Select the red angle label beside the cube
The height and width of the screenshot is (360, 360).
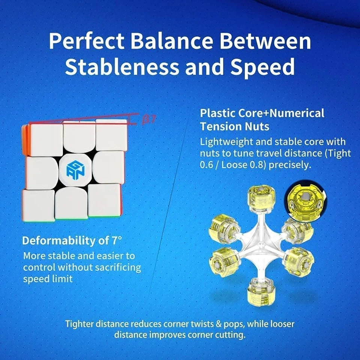[149, 120]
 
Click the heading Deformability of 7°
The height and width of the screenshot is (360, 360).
[72, 240]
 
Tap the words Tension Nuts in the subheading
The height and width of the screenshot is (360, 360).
[235, 126]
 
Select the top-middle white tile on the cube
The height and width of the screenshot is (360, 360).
[78, 136]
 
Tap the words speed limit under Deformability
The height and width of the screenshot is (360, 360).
[48, 279]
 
